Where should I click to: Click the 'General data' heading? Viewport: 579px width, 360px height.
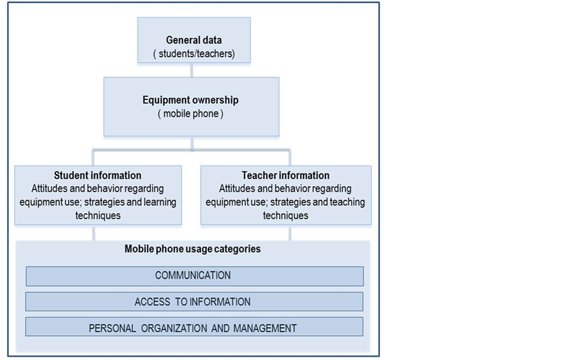click(x=194, y=40)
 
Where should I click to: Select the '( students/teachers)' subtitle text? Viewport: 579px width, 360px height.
click(x=194, y=54)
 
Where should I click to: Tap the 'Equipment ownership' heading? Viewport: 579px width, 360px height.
click(x=191, y=100)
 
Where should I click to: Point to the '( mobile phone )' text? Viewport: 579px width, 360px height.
click(x=191, y=114)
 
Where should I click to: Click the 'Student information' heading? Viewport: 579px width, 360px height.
click(x=98, y=175)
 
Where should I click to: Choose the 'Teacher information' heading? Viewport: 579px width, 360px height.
click(x=286, y=175)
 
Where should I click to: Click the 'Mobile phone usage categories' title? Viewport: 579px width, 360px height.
click(x=193, y=249)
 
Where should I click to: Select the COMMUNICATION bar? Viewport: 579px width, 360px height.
click(x=194, y=276)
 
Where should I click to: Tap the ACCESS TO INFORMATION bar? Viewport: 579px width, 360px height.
click(x=194, y=302)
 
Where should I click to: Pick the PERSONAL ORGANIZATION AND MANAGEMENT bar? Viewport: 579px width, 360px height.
click(x=194, y=328)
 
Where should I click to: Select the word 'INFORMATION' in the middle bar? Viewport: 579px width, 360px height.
click(x=219, y=302)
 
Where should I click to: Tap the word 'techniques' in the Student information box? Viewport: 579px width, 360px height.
click(x=98, y=216)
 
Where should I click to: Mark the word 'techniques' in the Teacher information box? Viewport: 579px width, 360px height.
click(x=286, y=216)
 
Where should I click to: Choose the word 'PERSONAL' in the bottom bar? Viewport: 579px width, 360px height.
click(x=112, y=328)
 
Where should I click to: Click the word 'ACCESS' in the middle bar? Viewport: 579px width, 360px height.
click(x=152, y=302)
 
